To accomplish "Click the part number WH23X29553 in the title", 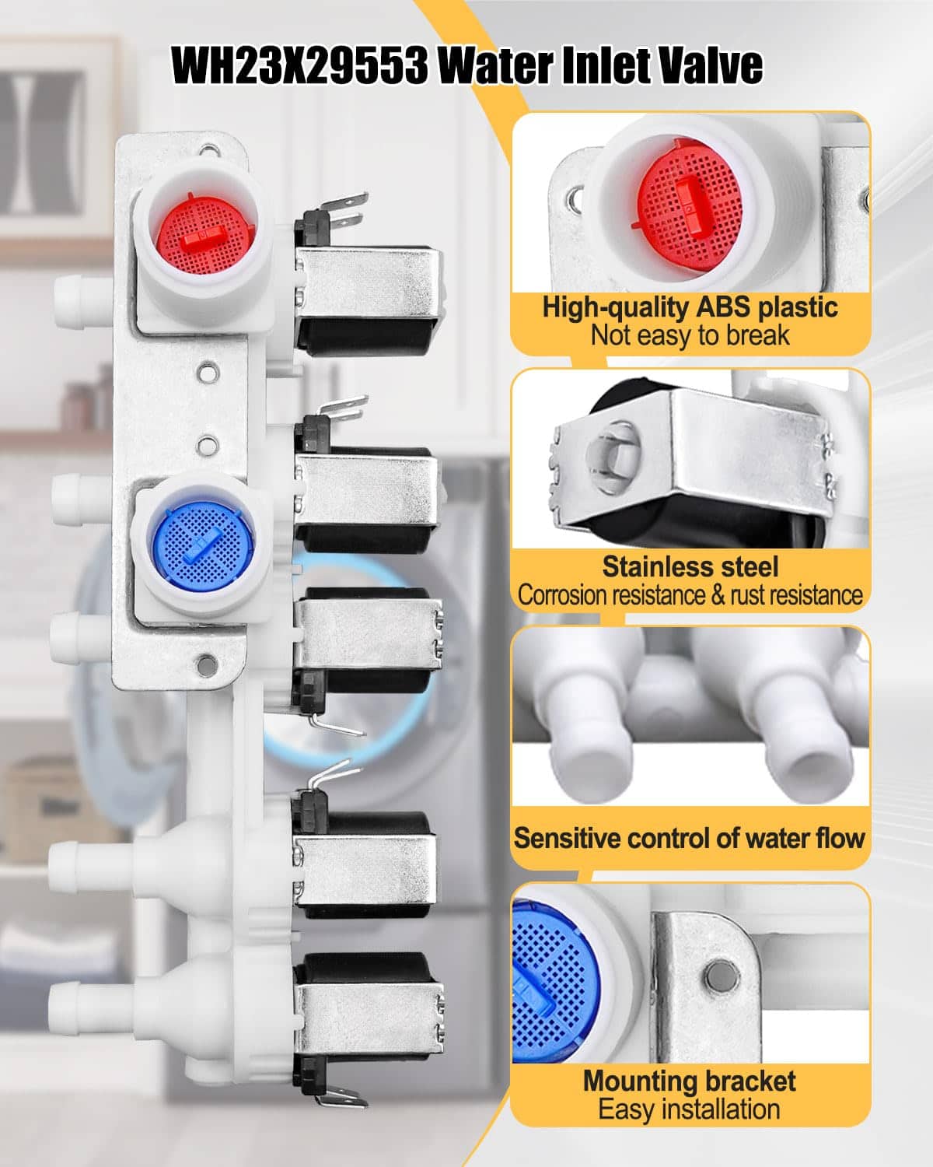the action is tap(299, 65).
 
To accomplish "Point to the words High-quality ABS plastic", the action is tap(690, 307).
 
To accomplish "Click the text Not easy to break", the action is tap(690, 335).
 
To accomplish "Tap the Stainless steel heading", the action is tap(690, 566).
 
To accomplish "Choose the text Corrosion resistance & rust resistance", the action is tap(690, 595).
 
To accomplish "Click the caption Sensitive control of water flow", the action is tap(689, 837).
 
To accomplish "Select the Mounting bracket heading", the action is tap(690, 1066).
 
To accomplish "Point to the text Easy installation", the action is tap(689, 1094).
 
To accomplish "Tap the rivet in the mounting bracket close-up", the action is tap(723, 976).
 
